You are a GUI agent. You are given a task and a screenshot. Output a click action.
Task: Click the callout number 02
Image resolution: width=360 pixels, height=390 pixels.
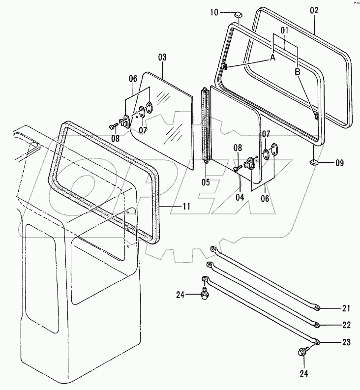314,10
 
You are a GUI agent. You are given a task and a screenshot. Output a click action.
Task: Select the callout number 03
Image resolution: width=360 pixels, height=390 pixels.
162,58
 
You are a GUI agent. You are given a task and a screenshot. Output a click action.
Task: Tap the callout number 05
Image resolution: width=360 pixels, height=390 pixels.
205,182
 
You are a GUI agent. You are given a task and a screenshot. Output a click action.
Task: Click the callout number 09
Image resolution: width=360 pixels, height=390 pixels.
340,162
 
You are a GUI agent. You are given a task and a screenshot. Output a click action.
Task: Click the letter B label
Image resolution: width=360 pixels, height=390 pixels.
298,72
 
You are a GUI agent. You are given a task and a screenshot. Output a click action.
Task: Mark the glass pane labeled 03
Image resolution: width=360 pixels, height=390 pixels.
167,118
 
